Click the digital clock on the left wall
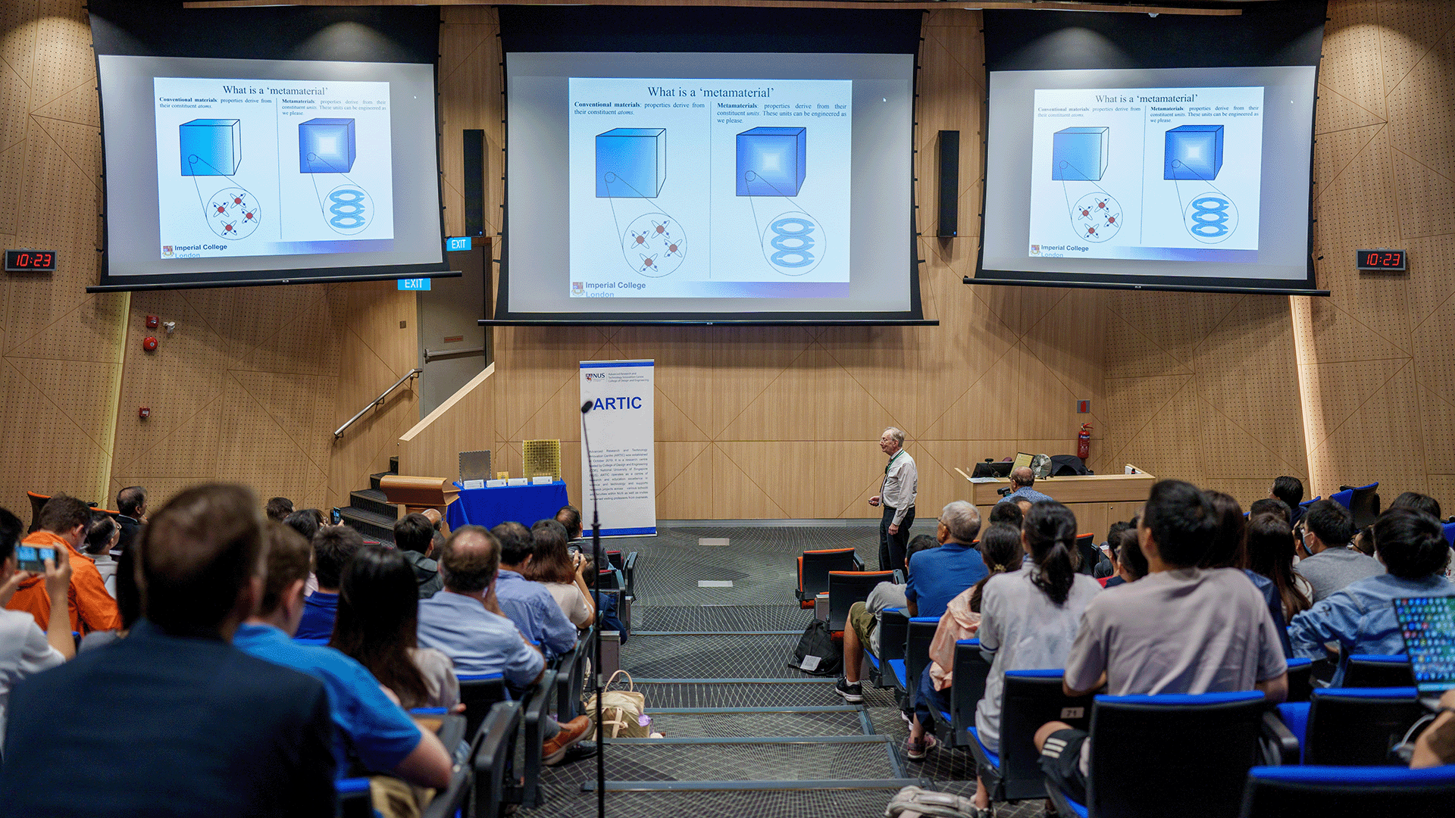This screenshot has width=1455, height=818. pyautogui.click(x=30, y=261)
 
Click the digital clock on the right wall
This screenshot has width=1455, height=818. pyautogui.click(x=1381, y=260)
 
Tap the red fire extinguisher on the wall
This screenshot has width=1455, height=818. pyautogui.click(x=1084, y=442)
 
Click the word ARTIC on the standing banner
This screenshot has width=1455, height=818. pyautogui.click(x=617, y=404)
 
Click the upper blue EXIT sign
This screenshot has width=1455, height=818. pyautogui.click(x=458, y=244)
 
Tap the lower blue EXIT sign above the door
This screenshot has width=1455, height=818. pyautogui.click(x=414, y=284)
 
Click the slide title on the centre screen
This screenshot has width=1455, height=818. pyautogui.click(x=710, y=92)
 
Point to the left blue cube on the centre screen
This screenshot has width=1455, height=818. pyautogui.click(x=630, y=163)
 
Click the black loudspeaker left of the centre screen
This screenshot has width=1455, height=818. pyautogui.click(x=474, y=182)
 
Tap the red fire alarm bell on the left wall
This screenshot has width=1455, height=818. pyautogui.click(x=150, y=345)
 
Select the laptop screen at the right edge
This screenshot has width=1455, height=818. pyautogui.click(x=1428, y=641)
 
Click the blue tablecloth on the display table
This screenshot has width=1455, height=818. pyautogui.click(x=508, y=503)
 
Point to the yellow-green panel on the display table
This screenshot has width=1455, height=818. pyautogui.click(x=541, y=459)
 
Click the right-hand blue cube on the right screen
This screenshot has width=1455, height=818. pyautogui.click(x=1193, y=152)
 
